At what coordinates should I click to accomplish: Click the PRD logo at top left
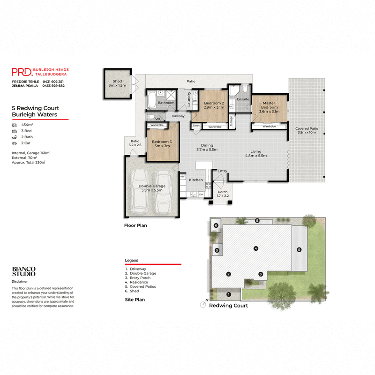pos(22,72)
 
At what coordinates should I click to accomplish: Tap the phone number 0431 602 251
pos(53,82)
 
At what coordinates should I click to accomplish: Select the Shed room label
pos(117,83)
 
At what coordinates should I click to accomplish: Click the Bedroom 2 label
pos(215,105)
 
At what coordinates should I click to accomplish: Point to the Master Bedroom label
pos(269,105)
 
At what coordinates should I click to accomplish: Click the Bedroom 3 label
pos(161,143)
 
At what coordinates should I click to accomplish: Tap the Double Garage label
pos(151,188)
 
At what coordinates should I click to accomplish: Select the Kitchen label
pos(196,180)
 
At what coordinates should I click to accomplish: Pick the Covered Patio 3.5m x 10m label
pos(307,131)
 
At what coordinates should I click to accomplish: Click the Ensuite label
pos(243,99)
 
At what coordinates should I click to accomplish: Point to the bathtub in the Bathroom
pos(152,100)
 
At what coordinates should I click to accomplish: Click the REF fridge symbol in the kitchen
pos(182,177)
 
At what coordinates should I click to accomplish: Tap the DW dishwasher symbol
pos(201,194)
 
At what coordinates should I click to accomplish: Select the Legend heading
pos(132,260)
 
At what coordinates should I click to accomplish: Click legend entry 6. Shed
pos(134,291)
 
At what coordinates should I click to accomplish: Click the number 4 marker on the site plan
pos(256,248)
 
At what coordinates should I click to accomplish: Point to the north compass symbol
pos(203,304)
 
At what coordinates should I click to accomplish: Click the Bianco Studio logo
pos(23,271)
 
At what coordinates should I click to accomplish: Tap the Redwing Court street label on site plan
pos(228,306)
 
